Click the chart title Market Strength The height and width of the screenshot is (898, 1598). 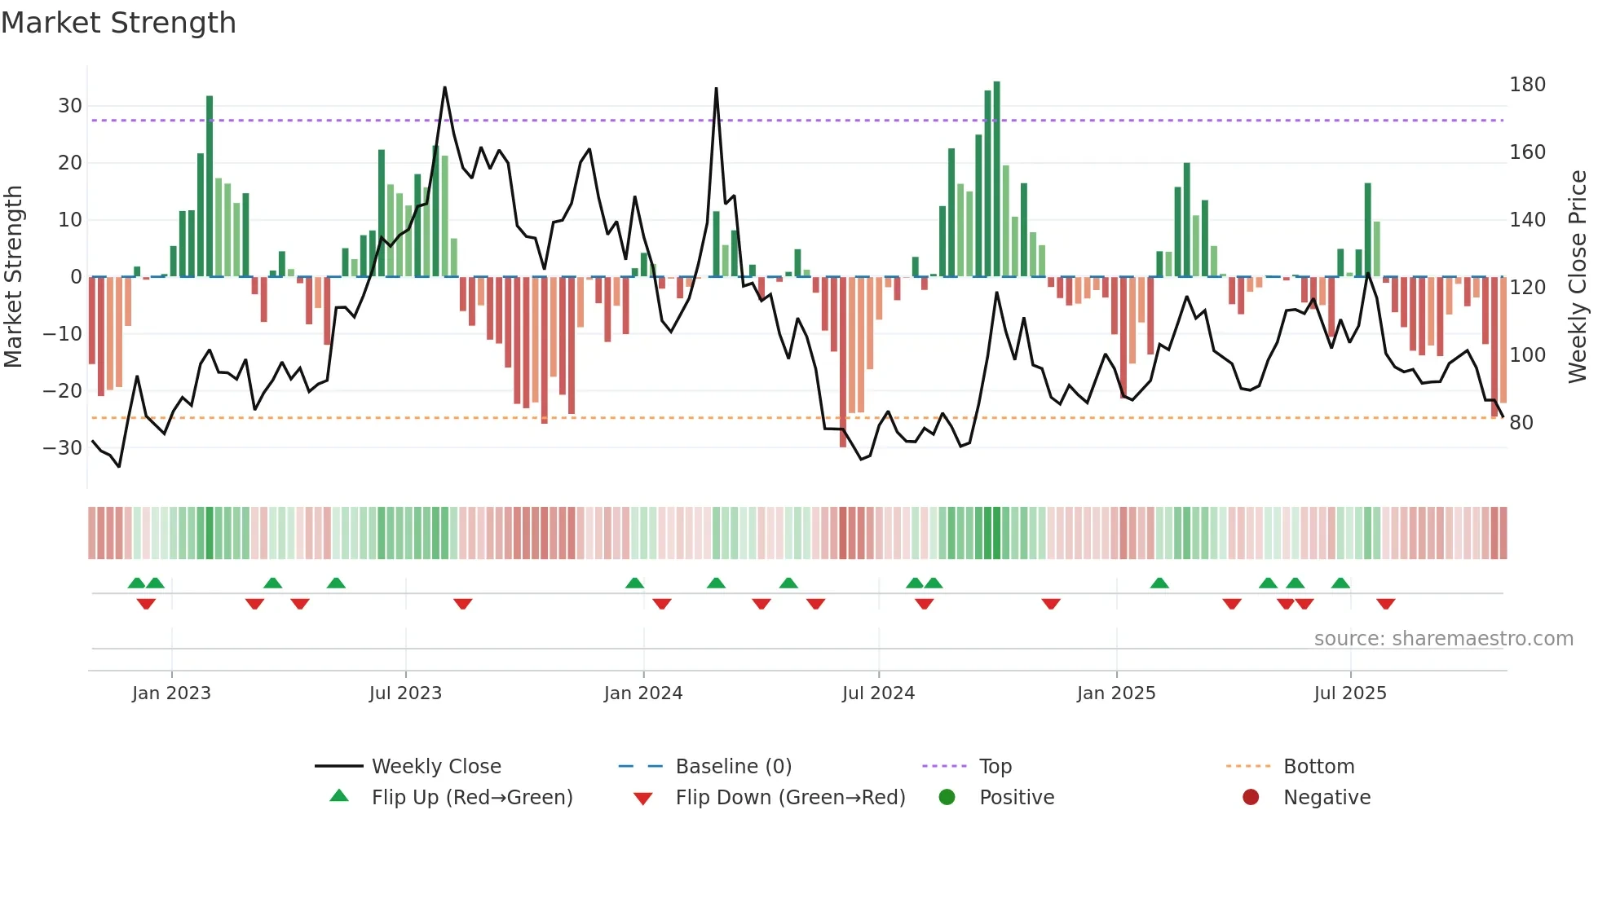[x=118, y=23]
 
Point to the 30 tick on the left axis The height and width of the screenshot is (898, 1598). [x=70, y=106]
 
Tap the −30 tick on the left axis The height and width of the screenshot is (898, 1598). [x=64, y=448]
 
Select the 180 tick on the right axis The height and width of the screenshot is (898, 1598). [x=1527, y=85]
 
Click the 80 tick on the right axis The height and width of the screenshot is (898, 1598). [x=1521, y=423]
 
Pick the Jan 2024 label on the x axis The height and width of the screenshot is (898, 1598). [x=643, y=693]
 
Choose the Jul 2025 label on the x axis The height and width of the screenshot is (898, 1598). [x=1350, y=693]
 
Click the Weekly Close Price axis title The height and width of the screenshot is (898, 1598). [x=1578, y=277]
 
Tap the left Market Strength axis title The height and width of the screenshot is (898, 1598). [x=13, y=277]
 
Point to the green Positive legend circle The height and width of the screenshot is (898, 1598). [x=947, y=797]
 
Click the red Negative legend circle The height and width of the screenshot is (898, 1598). [x=1251, y=797]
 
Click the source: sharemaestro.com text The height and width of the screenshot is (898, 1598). [x=1443, y=639]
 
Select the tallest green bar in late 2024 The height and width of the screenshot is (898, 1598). [x=996, y=179]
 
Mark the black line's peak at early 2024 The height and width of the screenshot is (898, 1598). [x=716, y=89]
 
